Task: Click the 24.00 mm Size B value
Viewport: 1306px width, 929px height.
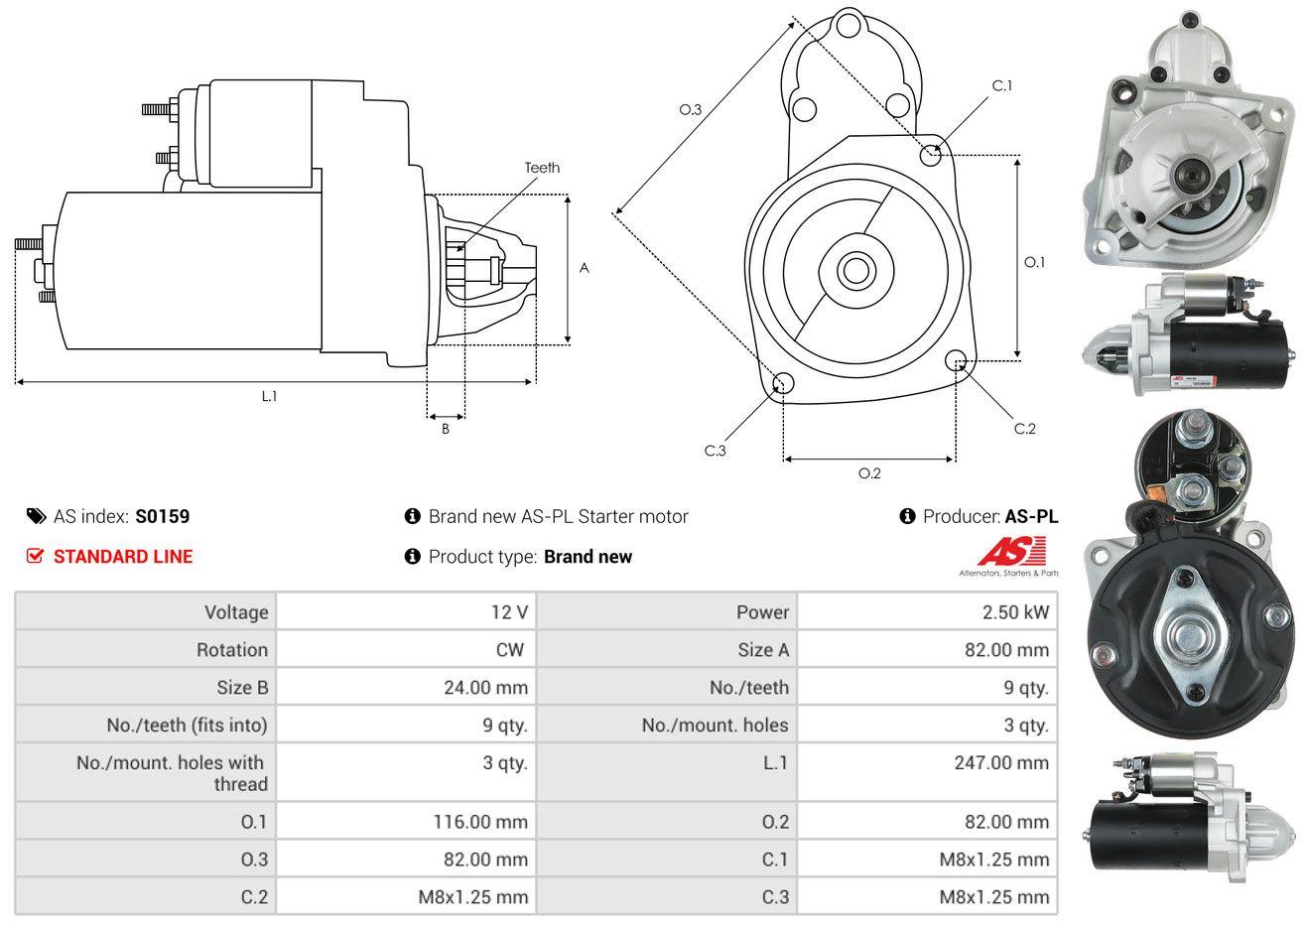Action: [485, 687]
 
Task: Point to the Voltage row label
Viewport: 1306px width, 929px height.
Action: [236, 611]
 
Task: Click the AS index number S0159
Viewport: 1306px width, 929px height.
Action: [163, 516]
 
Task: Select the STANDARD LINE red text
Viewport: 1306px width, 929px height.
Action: [123, 557]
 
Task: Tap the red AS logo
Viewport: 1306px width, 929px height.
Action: [1010, 552]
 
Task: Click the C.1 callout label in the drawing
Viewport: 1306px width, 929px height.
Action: [1002, 85]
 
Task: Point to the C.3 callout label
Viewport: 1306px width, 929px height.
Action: [716, 451]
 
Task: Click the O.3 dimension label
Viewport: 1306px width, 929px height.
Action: [690, 109]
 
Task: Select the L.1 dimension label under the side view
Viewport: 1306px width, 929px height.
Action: [269, 396]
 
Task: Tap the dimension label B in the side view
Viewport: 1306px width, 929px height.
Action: [446, 429]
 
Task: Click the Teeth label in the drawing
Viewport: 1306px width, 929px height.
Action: [542, 168]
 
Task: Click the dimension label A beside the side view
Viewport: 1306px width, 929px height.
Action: [585, 268]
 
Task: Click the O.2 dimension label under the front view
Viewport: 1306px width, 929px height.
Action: [869, 473]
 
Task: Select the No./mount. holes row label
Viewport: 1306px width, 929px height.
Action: [715, 725]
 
